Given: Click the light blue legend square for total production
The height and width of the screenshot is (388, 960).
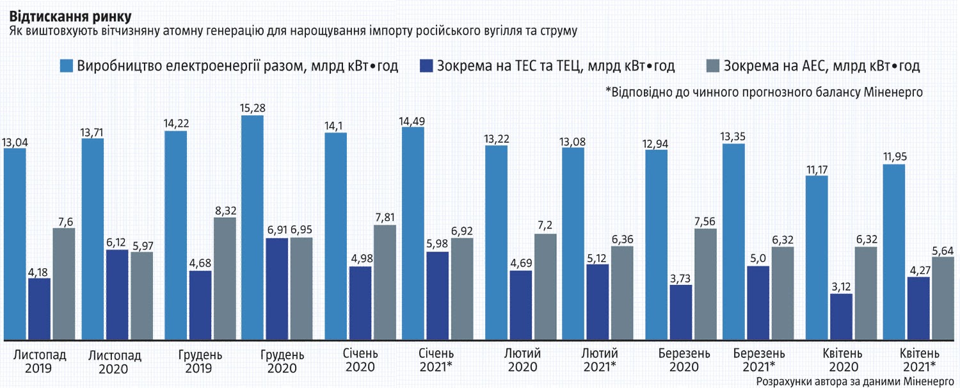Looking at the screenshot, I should click(67, 66).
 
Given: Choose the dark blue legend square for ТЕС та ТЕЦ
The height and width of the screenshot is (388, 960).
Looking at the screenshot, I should click(426, 66).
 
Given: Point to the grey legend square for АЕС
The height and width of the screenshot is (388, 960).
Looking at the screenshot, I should click(712, 66).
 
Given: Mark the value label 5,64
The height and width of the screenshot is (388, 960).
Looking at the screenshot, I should click(942, 250).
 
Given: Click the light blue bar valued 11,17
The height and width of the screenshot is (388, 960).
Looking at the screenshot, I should click(817, 257).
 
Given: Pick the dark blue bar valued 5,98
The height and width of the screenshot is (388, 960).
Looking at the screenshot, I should click(437, 295).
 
